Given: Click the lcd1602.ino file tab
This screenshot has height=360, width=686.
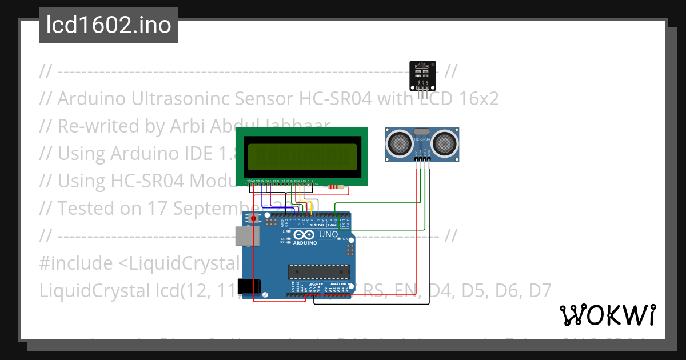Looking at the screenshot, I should tap(109, 25).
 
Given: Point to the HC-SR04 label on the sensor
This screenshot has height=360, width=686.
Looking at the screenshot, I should tap(421, 139).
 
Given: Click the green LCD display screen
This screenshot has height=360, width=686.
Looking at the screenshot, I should tap(301, 156).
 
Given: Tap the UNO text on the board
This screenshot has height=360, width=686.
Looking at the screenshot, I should tap(332, 235).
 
